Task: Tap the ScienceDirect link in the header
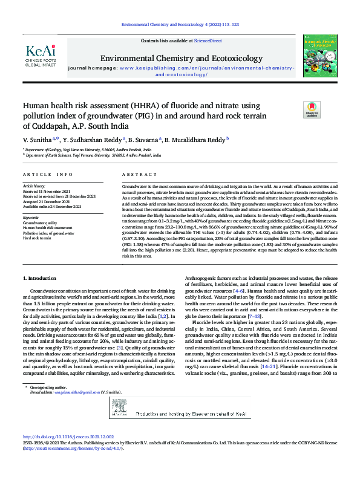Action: tap(208, 40)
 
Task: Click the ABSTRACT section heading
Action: tap(135, 174)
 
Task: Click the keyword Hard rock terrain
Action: tap(37, 238)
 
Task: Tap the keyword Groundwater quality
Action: tap(40, 222)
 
